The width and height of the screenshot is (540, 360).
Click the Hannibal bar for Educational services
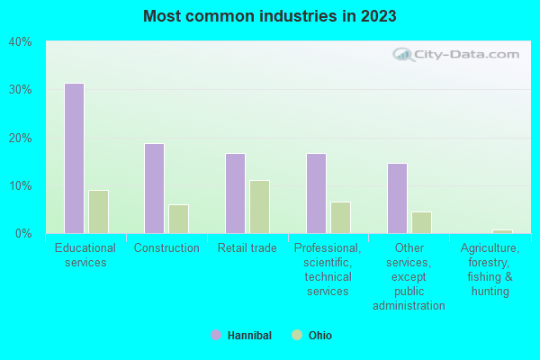click(x=74, y=158)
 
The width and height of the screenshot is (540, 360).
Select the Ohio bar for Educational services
click(x=98, y=211)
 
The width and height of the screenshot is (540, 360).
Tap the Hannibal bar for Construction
click(x=154, y=188)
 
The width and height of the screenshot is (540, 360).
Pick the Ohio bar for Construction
click(x=178, y=219)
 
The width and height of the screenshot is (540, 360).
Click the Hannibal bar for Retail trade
click(x=235, y=193)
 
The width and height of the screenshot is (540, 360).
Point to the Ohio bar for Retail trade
click(x=259, y=207)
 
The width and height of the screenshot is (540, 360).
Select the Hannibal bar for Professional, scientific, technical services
click(x=316, y=193)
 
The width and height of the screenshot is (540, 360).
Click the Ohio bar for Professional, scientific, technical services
click(x=340, y=218)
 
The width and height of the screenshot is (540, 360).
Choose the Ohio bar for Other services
click(x=421, y=222)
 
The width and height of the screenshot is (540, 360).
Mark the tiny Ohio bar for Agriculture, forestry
click(x=502, y=231)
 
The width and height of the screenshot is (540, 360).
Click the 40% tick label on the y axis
click(x=20, y=41)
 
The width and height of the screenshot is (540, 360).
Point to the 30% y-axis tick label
click(x=20, y=90)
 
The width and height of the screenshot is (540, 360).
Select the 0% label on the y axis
click(x=23, y=234)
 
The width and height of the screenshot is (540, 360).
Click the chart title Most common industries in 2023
click(x=269, y=16)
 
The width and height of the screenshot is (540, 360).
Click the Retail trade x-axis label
click(x=247, y=248)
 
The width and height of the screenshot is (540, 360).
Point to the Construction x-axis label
click(x=166, y=248)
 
